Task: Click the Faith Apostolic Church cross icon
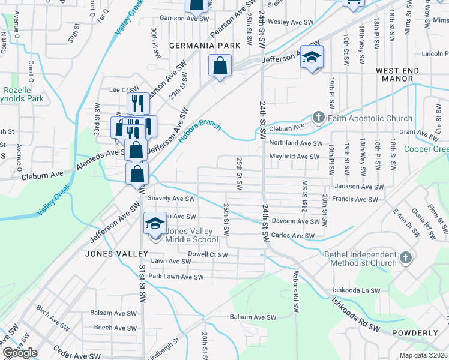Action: [x=319, y=118]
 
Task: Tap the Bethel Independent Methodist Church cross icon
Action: [x=406, y=258]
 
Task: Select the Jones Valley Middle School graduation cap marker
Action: [x=155, y=225]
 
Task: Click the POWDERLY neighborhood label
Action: [x=415, y=332]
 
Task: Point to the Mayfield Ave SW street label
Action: [x=294, y=157]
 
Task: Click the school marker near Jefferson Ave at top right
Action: [x=312, y=57]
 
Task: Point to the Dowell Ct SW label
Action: [x=208, y=255]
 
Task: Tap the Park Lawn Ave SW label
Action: [x=176, y=277]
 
